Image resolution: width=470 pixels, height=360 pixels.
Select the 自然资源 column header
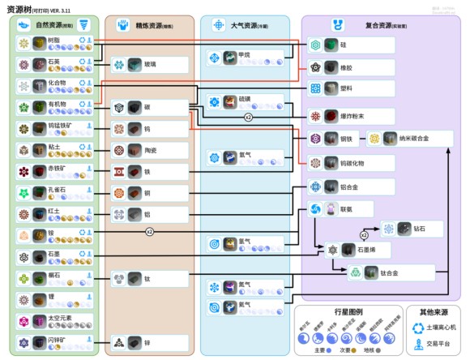click(53, 25)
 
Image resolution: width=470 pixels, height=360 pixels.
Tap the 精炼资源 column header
click(149, 25)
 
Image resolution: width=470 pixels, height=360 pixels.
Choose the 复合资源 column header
click(381, 25)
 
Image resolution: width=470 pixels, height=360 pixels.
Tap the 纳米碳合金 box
click(408, 139)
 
